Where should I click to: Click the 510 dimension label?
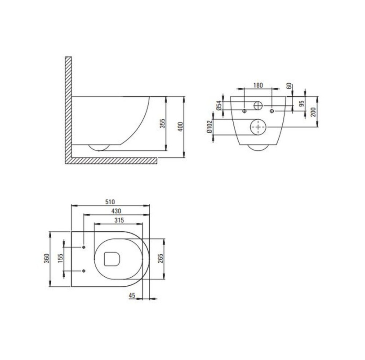[x=110, y=202]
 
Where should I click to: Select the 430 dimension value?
[x=116, y=211]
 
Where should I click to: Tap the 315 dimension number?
[x=119, y=220]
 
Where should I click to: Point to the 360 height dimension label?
[x=47, y=258]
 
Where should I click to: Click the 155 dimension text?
[x=60, y=258]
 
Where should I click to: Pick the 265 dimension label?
[x=160, y=258]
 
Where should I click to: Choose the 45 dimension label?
[x=132, y=296]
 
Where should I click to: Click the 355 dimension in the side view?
[x=162, y=123]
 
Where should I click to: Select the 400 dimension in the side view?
[x=181, y=126]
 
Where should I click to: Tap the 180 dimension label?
[x=258, y=85]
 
